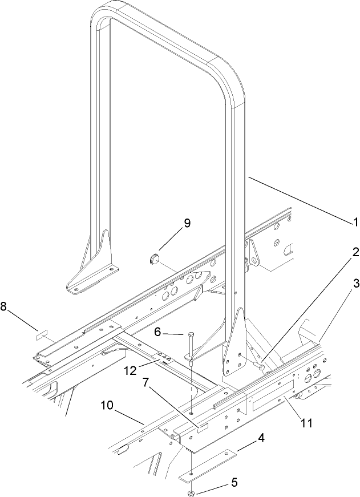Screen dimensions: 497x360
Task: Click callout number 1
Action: click(353, 221)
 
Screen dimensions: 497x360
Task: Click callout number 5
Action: click(233, 483)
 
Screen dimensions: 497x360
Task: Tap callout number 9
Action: click(171, 224)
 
